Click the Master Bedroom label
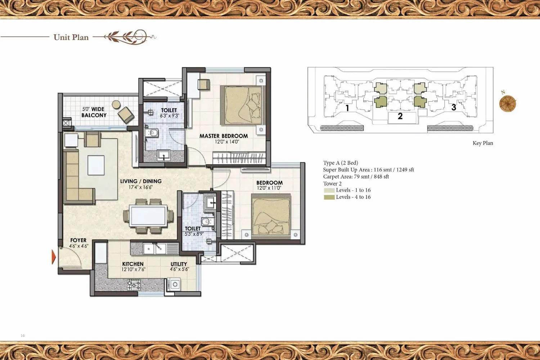(x=224, y=136)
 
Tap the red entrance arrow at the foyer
(x=54, y=257)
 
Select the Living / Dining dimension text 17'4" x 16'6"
(x=140, y=187)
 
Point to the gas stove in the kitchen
(x=134, y=285)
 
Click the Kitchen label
(x=132, y=264)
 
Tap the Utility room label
(x=179, y=264)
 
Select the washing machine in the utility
(x=175, y=284)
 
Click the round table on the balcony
(x=116, y=104)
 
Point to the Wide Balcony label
(x=94, y=112)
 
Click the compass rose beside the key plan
(x=508, y=103)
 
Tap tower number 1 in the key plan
(x=347, y=108)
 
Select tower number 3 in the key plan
(x=454, y=107)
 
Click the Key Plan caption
(x=482, y=143)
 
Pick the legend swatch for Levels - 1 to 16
(x=329, y=190)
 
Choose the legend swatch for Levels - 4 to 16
(x=329, y=197)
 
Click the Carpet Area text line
(x=356, y=176)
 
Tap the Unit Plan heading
(x=71, y=37)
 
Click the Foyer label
(x=78, y=240)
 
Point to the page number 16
(x=23, y=336)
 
